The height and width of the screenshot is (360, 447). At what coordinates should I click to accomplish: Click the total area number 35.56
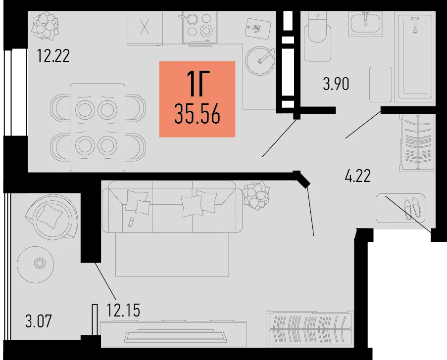[198, 114]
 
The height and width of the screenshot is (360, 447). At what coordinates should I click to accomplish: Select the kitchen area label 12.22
[53, 56]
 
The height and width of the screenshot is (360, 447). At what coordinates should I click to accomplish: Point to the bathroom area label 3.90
[336, 84]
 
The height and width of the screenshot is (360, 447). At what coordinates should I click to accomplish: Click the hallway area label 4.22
[358, 176]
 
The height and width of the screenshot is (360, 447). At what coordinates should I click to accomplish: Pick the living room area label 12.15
[123, 310]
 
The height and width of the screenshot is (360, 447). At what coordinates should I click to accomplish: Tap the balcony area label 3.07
[39, 321]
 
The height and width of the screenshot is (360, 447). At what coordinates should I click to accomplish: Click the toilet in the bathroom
[317, 37]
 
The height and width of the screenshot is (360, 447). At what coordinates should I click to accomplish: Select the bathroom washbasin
[365, 24]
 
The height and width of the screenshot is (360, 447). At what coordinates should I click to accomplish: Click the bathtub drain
[415, 31]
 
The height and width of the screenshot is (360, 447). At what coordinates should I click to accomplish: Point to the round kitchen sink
[260, 61]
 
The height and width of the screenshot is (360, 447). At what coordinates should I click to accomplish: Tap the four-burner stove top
[200, 27]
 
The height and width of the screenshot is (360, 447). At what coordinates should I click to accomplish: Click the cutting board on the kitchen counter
[258, 29]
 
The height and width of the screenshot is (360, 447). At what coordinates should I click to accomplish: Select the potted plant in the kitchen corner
[45, 26]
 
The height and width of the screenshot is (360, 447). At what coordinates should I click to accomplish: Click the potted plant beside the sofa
[256, 195]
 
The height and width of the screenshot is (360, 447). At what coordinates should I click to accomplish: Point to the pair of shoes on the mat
[412, 209]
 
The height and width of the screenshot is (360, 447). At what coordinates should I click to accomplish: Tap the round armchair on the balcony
[51, 217]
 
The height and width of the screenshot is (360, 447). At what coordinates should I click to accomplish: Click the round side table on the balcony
[35, 264]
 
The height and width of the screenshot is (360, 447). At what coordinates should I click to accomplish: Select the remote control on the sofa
[131, 222]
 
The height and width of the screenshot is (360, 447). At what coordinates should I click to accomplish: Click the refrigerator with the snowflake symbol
[145, 28]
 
